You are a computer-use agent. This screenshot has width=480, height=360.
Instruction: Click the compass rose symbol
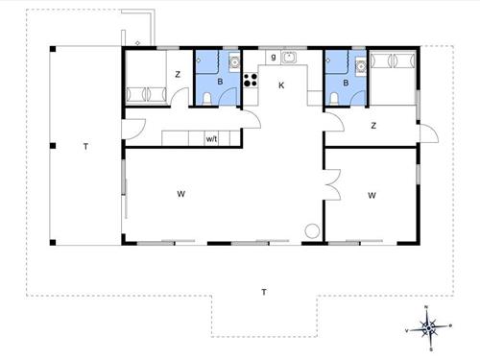click(x=428, y=328)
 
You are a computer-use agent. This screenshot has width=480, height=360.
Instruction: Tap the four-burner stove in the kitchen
click(x=251, y=80)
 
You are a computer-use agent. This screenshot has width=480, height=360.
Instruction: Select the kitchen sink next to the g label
click(x=289, y=58)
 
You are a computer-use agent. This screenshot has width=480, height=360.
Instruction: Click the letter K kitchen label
click(x=281, y=85)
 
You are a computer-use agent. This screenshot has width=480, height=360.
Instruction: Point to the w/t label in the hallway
click(x=211, y=139)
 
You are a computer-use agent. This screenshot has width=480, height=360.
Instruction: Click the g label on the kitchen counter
click(x=274, y=57)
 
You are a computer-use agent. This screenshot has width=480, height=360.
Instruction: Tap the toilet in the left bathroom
click(x=207, y=99)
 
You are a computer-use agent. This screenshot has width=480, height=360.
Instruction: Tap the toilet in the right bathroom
click(x=334, y=99)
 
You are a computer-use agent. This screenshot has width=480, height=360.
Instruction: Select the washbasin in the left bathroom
click(x=234, y=61)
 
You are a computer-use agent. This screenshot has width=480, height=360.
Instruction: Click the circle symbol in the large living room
click(x=312, y=231)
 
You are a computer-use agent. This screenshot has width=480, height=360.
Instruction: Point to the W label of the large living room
click(x=180, y=194)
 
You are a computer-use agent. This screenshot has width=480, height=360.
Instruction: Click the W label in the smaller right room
click(x=372, y=195)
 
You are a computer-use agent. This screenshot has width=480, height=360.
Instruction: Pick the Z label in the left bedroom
click(x=178, y=75)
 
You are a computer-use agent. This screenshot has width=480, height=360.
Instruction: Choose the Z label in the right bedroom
click(x=373, y=126)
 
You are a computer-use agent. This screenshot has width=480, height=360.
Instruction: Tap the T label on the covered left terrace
click(x=85, y=147)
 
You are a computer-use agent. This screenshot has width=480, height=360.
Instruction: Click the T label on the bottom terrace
click(x=264, y=292)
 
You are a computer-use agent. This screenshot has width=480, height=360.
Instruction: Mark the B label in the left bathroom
click(x=220, y=82)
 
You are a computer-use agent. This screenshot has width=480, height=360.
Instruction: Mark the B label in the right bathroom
click(x=346, y=84)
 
